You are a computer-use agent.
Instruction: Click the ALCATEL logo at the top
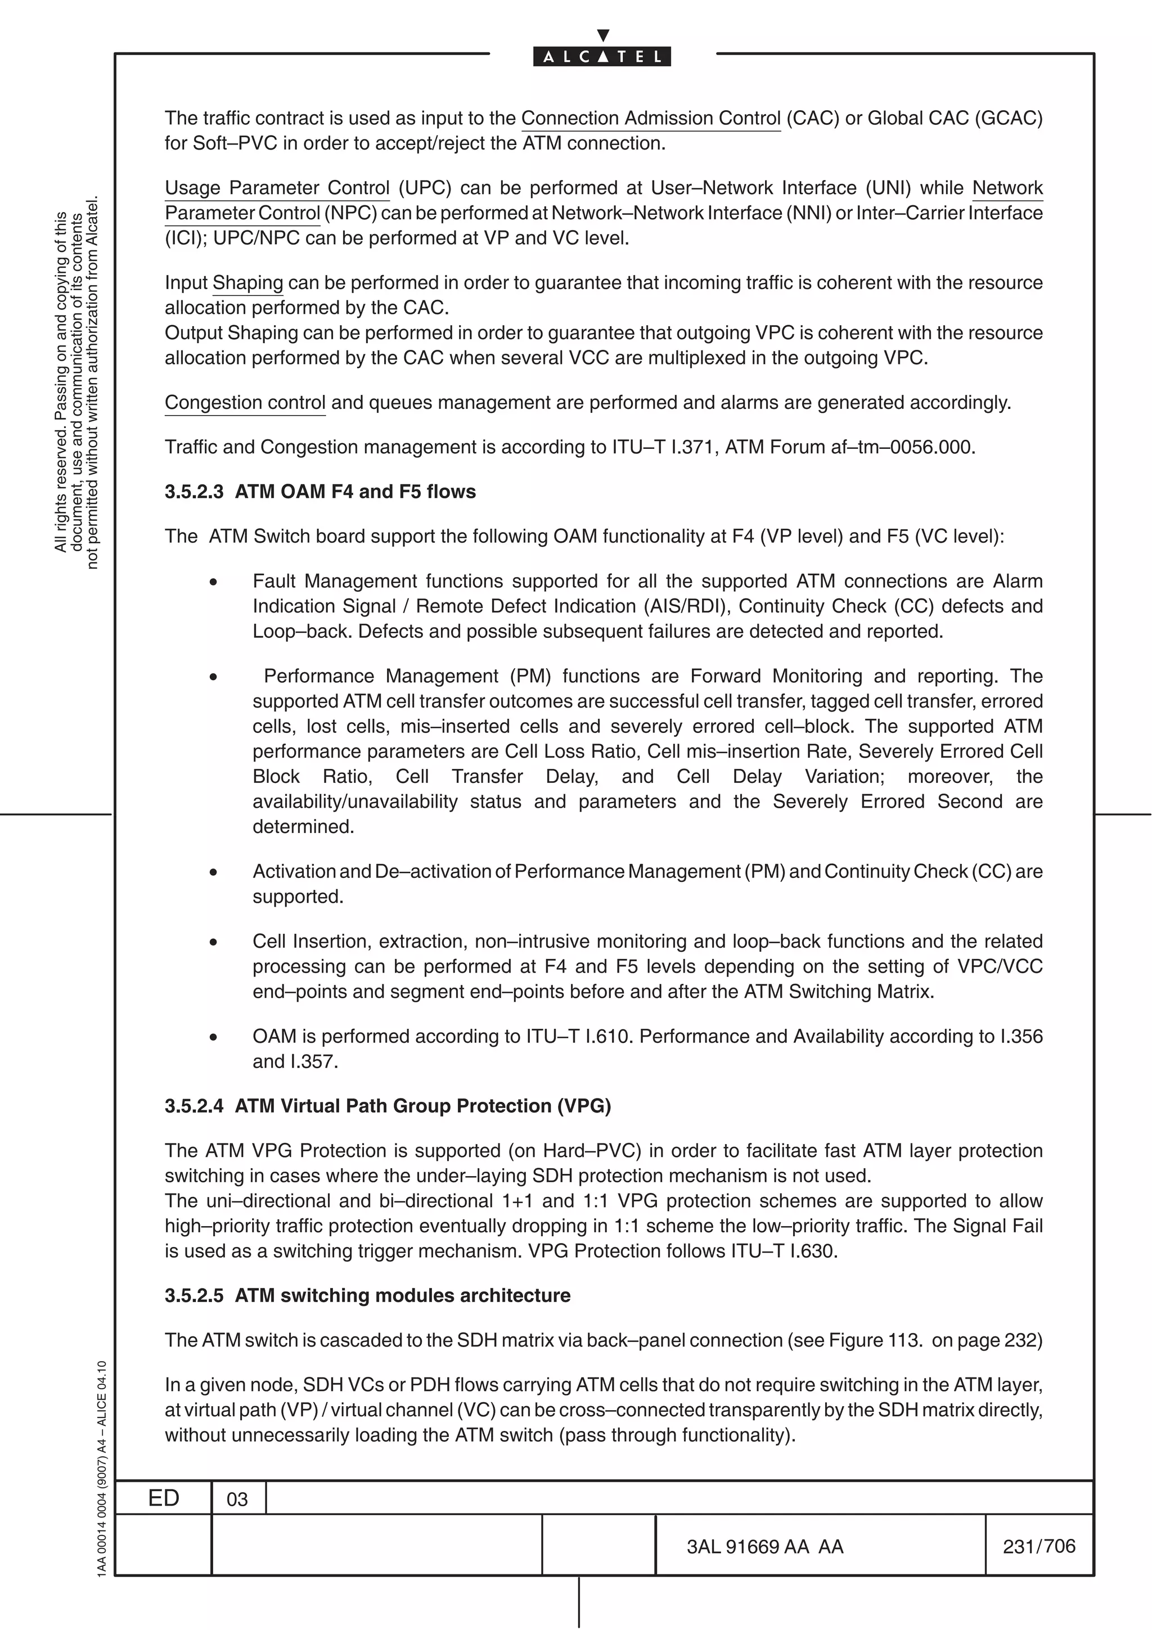pos(602,56)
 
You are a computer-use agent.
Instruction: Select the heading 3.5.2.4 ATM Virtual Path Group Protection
pos(388,1105)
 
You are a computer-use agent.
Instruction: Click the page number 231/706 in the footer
pos(1038,1546)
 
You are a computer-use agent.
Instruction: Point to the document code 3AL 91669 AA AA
pos(764,1546)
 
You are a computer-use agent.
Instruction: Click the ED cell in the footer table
pos(163,1498)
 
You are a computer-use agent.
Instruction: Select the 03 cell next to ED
pos(237,1500)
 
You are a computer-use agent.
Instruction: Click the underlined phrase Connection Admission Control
pos(650,118)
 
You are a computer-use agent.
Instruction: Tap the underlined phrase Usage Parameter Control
pos(277,187)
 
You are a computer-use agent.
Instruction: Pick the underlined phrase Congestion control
pos(245,403)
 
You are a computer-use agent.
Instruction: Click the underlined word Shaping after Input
pos(247,282)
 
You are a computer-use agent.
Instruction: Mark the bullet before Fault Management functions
pos(213,582)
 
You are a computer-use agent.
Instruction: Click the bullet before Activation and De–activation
pos(213,872)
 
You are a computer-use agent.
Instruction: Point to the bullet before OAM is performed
pos(213,1037)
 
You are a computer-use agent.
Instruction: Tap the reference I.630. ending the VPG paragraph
pos(813,1250)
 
